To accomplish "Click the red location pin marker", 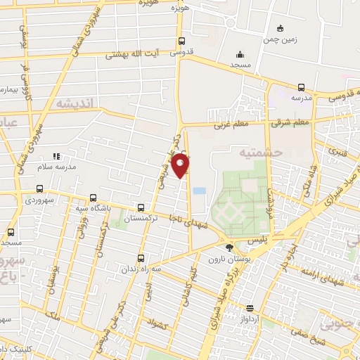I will tap(181, 165).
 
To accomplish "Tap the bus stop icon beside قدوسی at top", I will tap(182, 41).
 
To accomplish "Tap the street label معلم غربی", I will tap(231, 125).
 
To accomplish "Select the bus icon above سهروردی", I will tap(39, 188).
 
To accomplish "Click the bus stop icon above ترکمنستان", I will tap(142, 207).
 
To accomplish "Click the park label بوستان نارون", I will tap(224, 259).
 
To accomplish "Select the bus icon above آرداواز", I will tap(249, 308).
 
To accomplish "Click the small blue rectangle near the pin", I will tap(200, 191).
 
